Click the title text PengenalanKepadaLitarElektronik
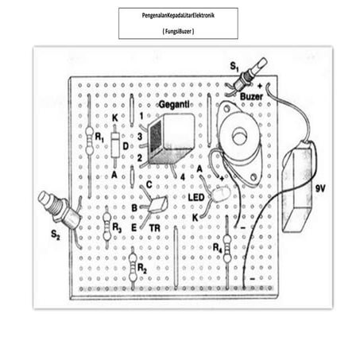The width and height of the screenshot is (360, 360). (178, 16)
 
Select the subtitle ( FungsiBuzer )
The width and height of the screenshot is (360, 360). (178, 30)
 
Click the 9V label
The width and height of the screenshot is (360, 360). (320, 188)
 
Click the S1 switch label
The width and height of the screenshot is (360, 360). (234, 64)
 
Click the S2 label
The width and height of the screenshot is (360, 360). (53, 235)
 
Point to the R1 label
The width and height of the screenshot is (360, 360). (100, 137)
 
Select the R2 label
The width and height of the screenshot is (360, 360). (141, 268)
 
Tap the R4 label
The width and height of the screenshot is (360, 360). (218, 247)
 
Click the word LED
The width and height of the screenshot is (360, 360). (196, 196)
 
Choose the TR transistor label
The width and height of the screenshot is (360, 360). (155, 226)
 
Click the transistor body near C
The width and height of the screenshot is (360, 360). (158, 203)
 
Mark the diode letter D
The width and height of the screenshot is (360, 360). (126, 145)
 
